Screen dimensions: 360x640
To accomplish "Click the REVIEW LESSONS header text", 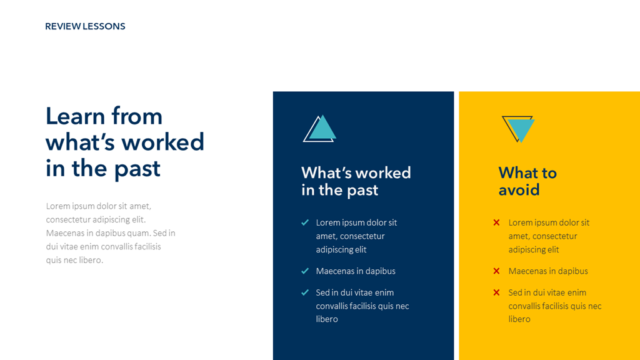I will pos(85,26).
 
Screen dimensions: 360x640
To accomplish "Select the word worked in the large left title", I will pos(159,142).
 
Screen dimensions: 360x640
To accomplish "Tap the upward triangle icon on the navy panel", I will pos(320,129).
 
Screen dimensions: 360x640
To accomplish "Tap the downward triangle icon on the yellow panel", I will pos(518,129).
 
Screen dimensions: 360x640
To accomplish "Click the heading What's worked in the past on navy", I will pos(356,181).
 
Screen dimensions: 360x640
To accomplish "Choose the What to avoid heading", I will pos(527,181).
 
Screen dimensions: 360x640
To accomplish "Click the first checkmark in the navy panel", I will pos(305,222).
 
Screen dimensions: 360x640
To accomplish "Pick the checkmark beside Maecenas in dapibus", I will pos(305,271).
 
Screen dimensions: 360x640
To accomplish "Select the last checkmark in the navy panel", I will pos(305,292).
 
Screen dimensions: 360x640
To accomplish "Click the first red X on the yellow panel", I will pos(496,222).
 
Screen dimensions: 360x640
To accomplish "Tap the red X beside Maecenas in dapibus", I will pos(496,271).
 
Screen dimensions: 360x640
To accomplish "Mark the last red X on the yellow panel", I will pos(496,292).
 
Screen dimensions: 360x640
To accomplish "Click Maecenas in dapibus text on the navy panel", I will pos(356,271).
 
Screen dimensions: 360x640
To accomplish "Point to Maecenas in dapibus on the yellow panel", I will pos(548,271).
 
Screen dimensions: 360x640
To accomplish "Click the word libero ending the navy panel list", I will pos(327,319).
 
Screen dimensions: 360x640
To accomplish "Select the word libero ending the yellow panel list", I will pos(519,319).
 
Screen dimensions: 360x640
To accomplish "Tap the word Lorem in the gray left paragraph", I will pos(57,206).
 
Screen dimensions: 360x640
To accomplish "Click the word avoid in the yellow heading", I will pos(519,190).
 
